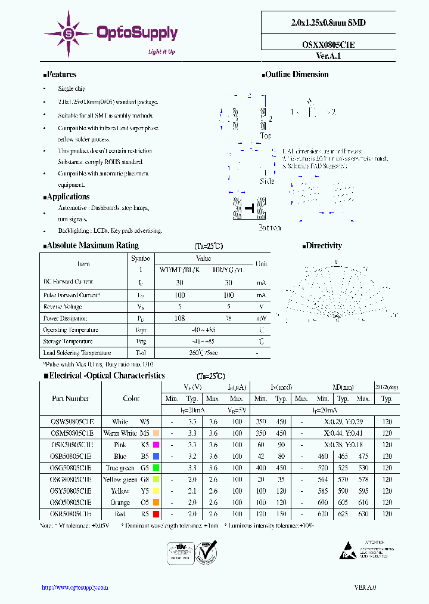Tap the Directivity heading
pyautogui.click(x=322, y=245)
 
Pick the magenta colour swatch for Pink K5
pyautogui.click(x=156, y=445)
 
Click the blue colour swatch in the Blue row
pyautogui.click(x=156, y=457)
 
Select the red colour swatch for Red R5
pyautogui.click(x=156, y=514)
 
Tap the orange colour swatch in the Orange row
pyautogui.click(x=156, y=503)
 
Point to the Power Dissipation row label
pyautogui.click(x=65, y=319)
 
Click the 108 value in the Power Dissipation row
pyautogui.click(x=179, y=319)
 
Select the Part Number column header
pyautogui.click(x=70, y=399)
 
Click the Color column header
pyautogui.click(x=131, y=399)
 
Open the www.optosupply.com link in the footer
pyautogui.click(x=75, y=587)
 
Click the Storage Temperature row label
pyautogui.click(x=67, y=341)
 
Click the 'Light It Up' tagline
pyautogui.click(x=161, y=52)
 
